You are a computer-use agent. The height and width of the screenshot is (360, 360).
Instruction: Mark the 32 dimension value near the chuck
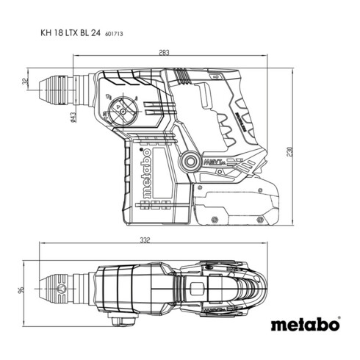24,82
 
